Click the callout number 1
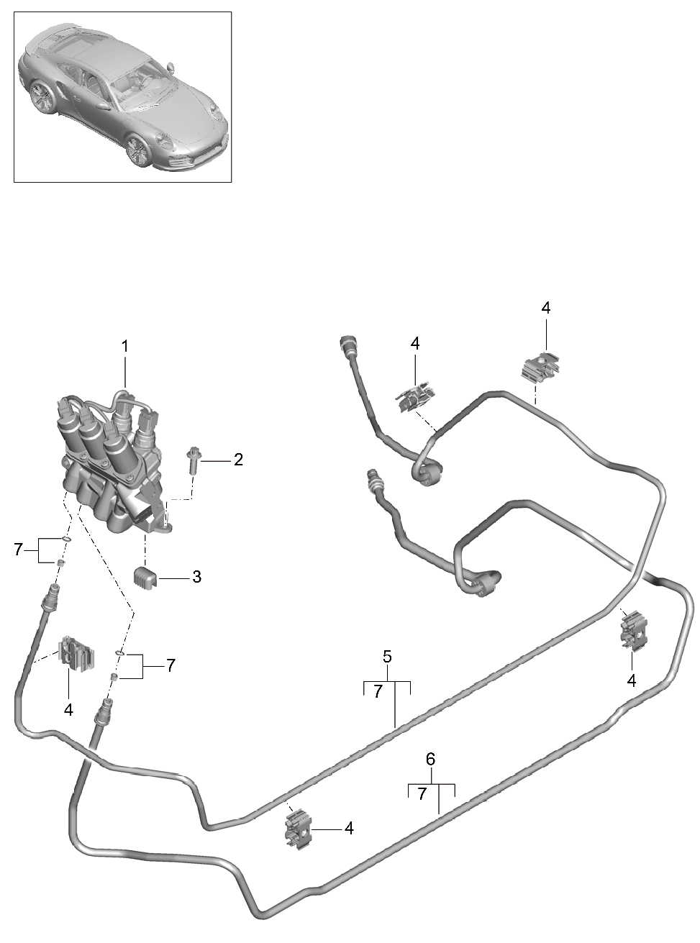[x=124, y=346]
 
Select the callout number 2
[x=238, y=460]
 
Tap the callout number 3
[x=196, y=577]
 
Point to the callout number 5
[x=387, y=656]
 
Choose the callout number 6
[x=431, y=758]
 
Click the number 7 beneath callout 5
[x=377, y=692]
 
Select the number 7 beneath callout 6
[x=422, y=793]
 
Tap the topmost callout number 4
[x=546, y=308]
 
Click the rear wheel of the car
[x=42, y=96]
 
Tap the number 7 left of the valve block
[x=18, y=550]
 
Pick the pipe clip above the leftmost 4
[x=77, y=653]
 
